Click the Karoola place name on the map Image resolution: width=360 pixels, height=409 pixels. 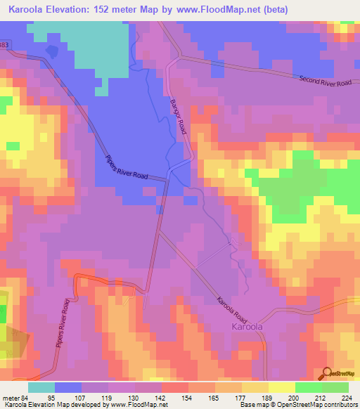click(x=247, y=327)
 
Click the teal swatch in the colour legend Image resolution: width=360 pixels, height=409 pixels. click(x=41, y=387)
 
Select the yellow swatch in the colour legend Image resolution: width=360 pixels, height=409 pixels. click(x=282, y=387)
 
